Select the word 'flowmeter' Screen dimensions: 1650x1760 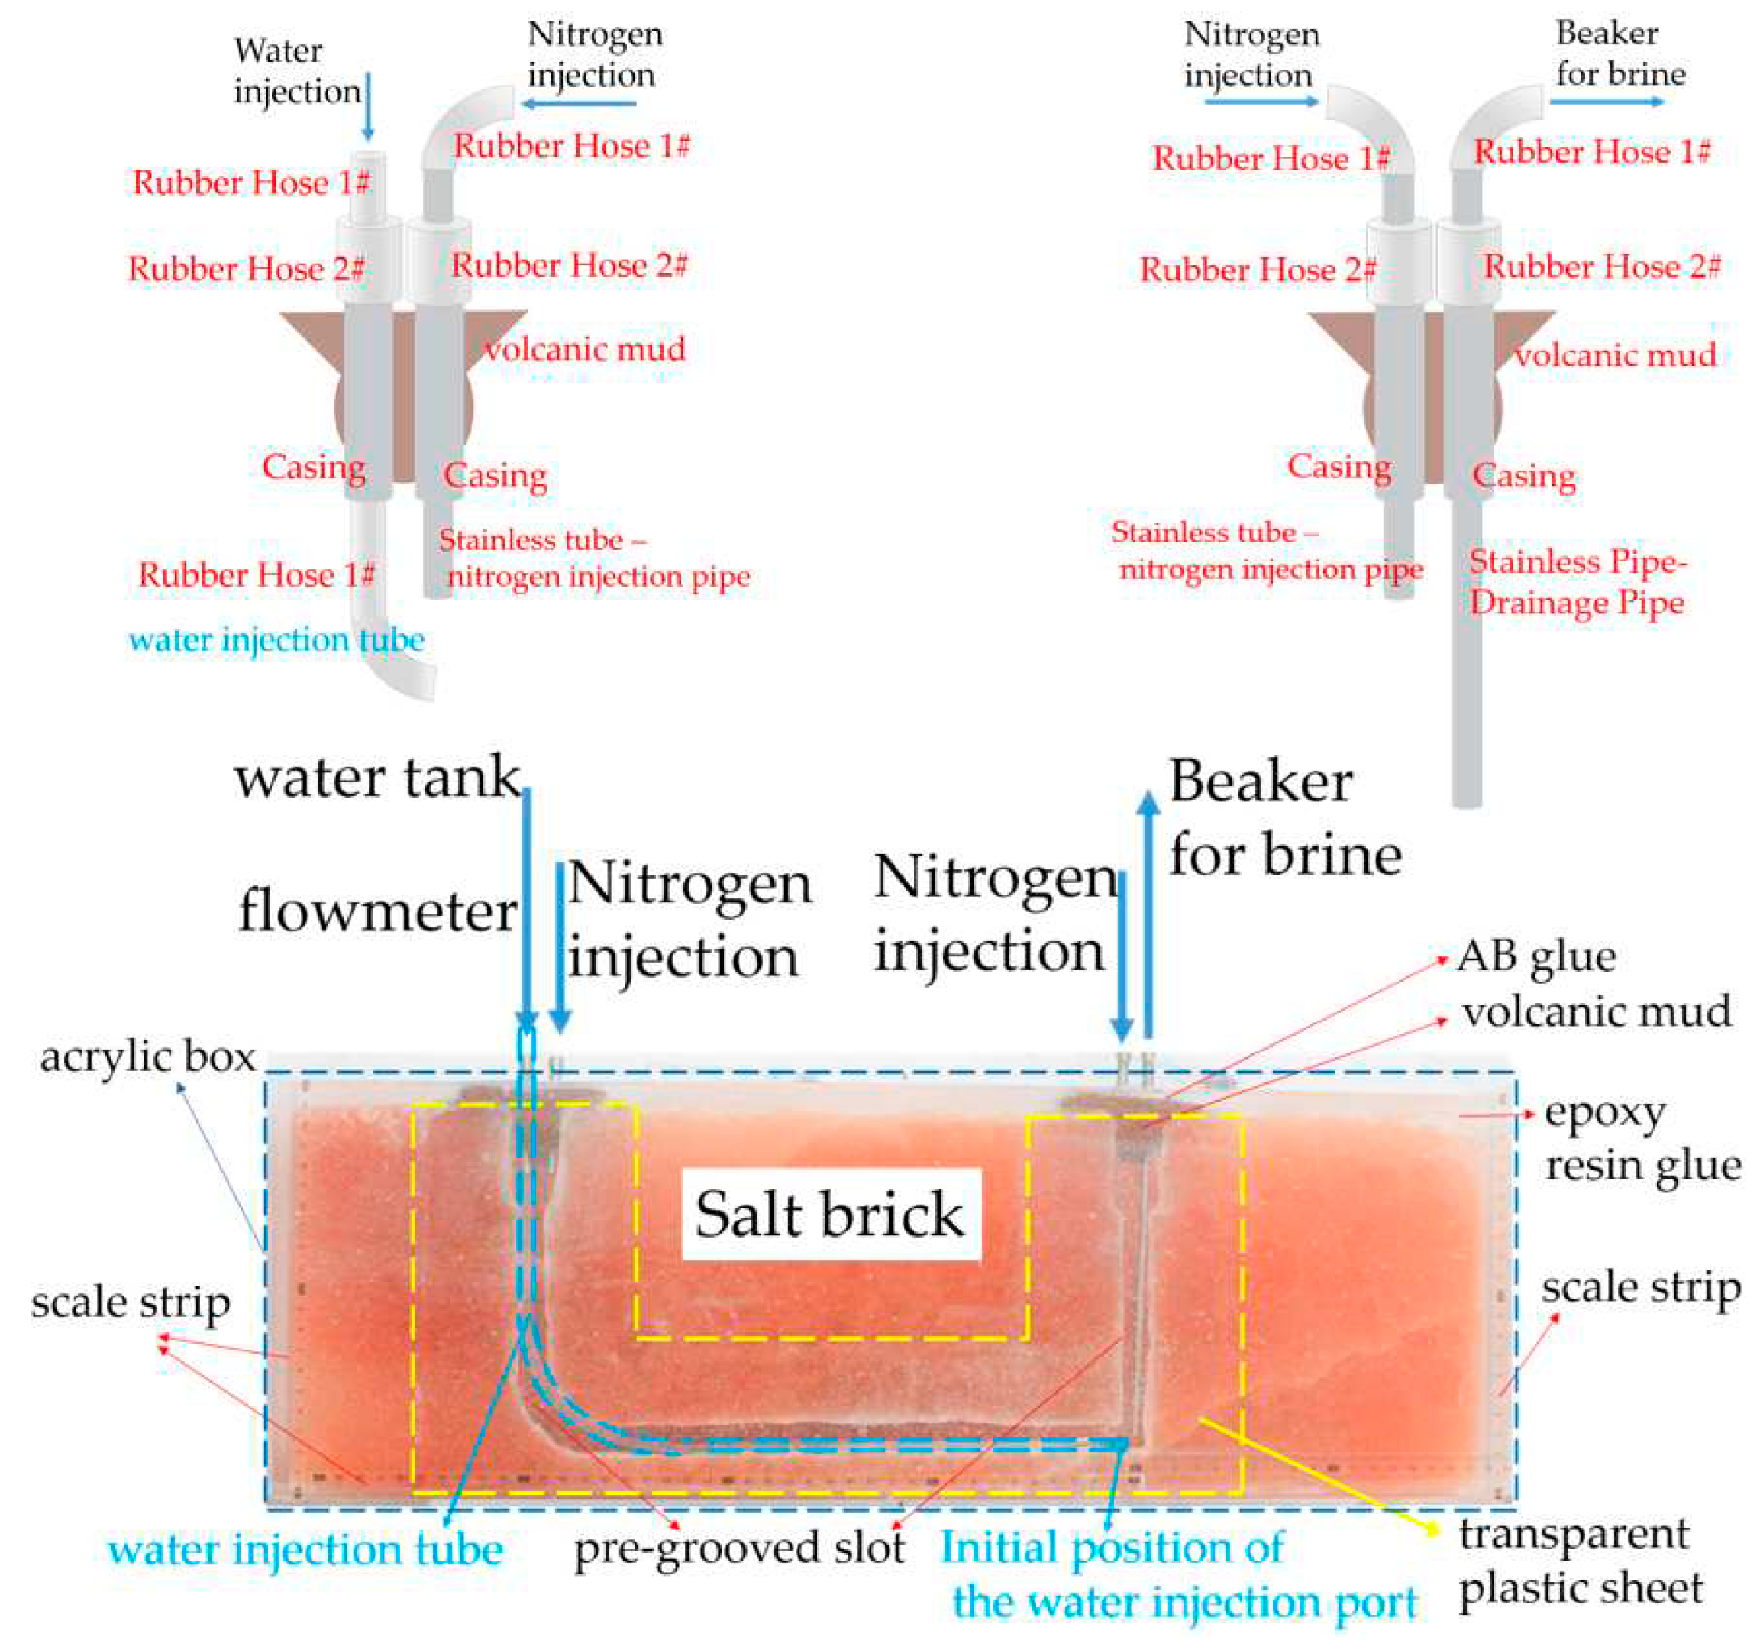377,912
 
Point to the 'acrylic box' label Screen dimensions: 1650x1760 148,1057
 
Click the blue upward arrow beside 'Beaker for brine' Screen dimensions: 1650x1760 1148,912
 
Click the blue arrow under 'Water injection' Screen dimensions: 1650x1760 368,106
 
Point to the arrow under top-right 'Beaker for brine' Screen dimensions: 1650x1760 1606,101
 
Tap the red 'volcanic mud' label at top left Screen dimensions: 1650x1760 584,350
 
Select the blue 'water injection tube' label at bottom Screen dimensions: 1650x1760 305,1551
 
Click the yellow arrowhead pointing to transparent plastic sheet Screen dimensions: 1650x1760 1430,1529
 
